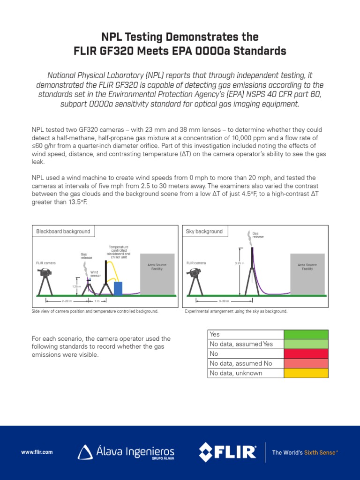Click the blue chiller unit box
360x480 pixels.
point(118,288)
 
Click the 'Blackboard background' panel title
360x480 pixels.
point(63,232)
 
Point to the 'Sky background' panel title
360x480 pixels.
point(204,232)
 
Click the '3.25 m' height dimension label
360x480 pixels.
point(240,263)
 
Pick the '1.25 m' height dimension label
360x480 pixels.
point(76,286)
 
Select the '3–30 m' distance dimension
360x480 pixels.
point(224,300)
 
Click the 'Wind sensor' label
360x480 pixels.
point(95,274)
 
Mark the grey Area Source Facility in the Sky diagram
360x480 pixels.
point(307,274)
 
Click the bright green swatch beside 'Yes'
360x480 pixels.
point(306,334)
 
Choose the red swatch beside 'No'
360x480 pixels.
point(306,354)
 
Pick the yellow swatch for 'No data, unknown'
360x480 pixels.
point(306,373)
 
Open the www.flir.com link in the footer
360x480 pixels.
point(37,452)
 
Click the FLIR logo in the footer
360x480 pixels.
point(228,452)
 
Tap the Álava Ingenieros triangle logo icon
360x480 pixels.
point(85,452)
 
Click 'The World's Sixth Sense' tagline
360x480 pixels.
point(305,452)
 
